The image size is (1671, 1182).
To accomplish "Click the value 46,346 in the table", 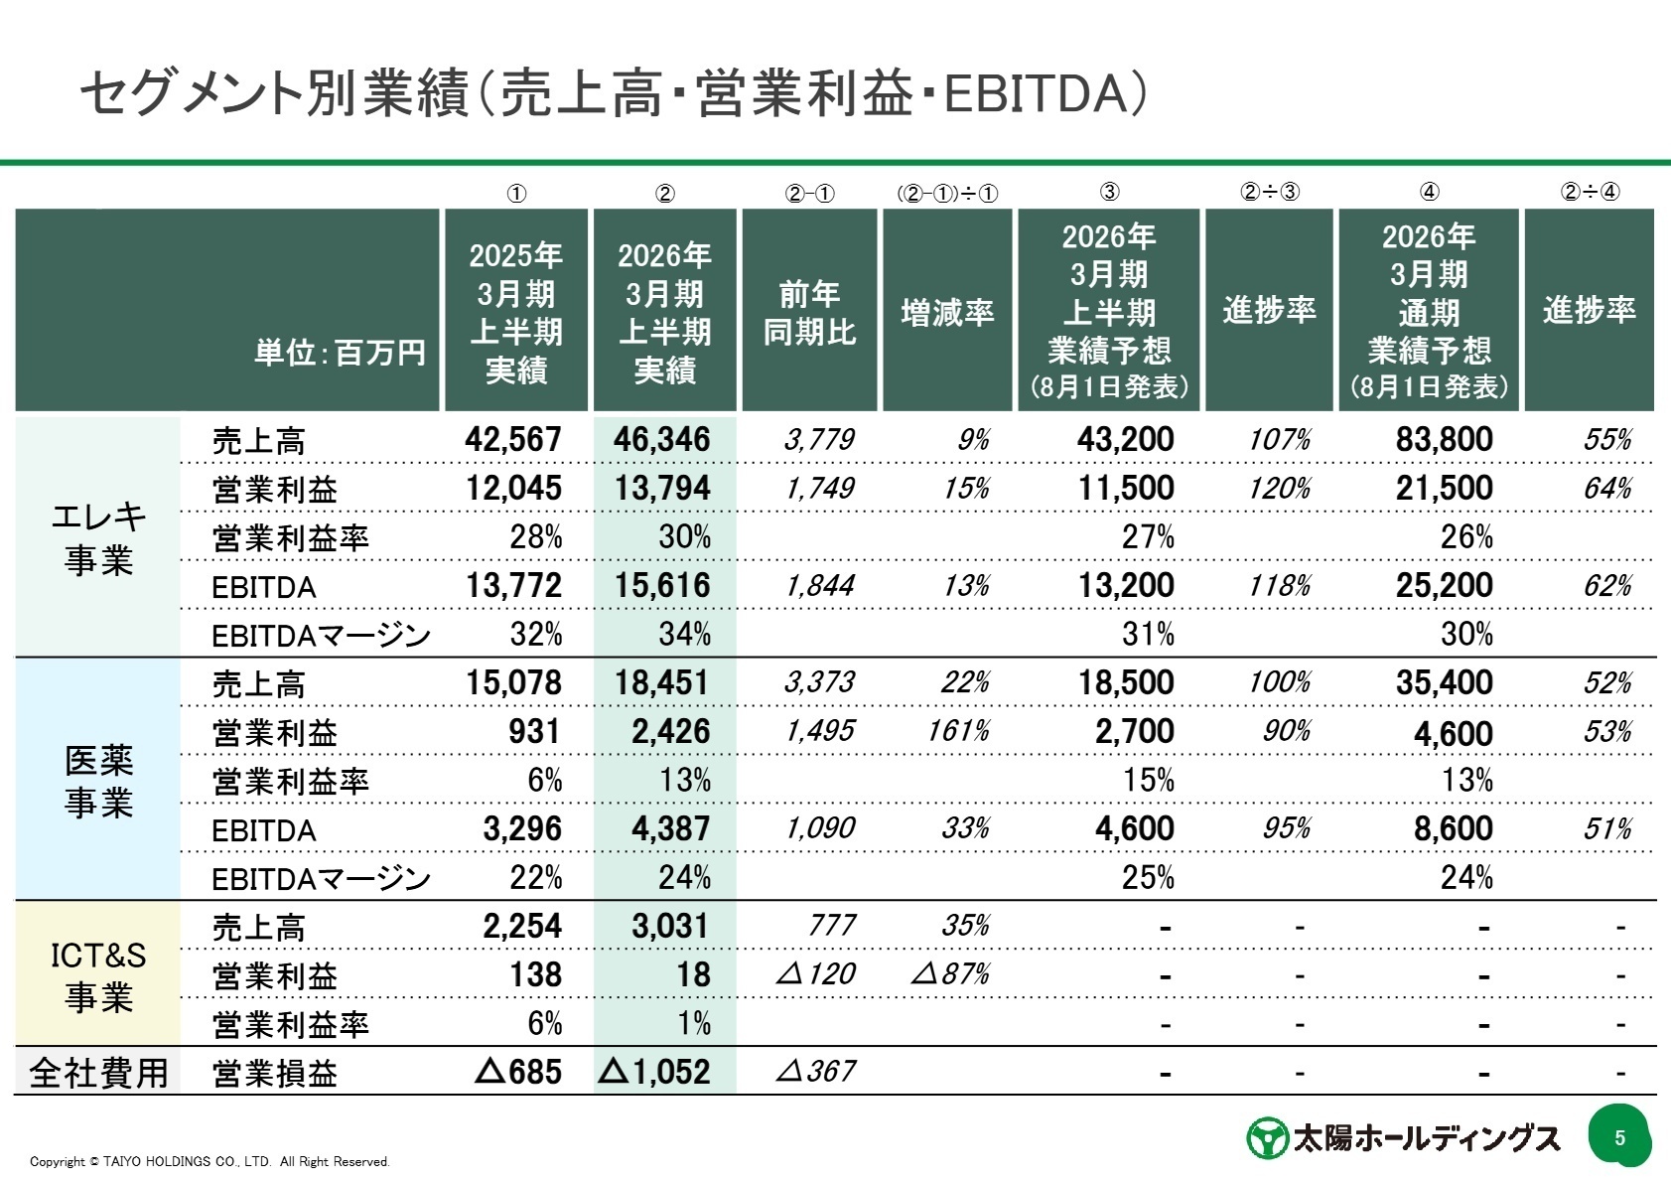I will tap(662, 439).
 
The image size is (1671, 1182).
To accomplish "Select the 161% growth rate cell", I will tap(957, 731).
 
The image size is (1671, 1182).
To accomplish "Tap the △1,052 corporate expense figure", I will tap(656, 1072).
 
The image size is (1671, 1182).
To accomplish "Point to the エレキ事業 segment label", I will tap(98, 537).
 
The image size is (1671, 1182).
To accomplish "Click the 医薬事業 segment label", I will tap(98, 782).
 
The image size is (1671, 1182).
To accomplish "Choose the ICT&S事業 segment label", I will tap(98, 975).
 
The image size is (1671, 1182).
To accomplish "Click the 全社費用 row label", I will tap(98, 1073).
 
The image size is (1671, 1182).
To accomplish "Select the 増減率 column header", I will tap(947, 313).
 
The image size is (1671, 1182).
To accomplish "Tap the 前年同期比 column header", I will tap(809, 313).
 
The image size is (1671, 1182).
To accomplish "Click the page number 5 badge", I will tap(1619, 1137).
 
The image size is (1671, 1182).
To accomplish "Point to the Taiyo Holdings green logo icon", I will tap(1266, 1138).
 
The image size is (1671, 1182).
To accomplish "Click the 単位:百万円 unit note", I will tap(340, 352).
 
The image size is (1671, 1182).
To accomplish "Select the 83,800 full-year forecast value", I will tap(1444, 439).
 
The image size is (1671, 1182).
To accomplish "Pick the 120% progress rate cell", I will tap(1279, 489).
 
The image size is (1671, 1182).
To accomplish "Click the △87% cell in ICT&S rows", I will tap(950, 974).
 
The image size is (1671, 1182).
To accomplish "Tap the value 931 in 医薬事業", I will tap(534, 731).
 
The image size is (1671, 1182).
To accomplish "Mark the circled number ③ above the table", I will tap(1110, 193).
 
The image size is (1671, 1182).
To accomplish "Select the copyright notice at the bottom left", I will tap(209, 1161).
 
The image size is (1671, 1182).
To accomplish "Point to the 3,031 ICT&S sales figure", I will tap(670, 926).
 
